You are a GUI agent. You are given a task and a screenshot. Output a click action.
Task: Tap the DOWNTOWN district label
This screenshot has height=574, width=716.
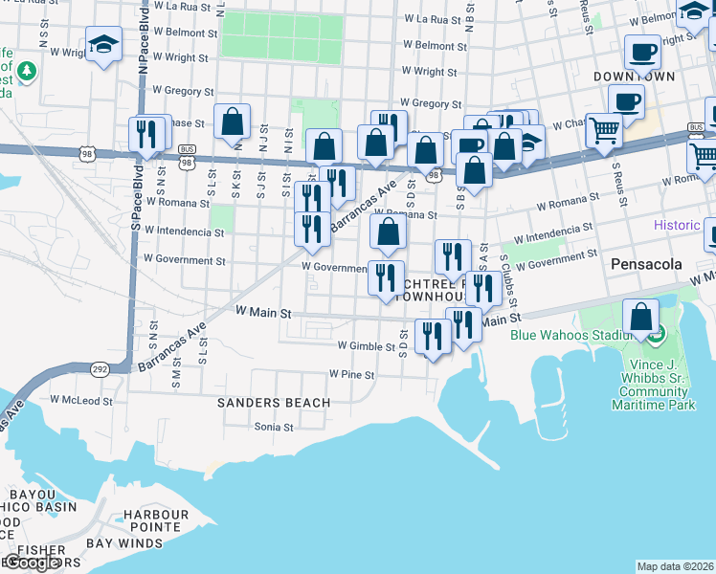(634, 76)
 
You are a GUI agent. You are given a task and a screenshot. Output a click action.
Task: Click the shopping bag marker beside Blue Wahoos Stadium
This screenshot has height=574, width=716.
(640, 318)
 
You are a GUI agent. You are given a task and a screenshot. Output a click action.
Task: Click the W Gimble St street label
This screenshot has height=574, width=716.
(366, 346)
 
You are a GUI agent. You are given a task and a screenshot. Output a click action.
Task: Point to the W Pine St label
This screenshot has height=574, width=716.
(351, 374)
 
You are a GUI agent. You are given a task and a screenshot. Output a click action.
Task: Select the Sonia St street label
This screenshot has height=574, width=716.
(274, 427)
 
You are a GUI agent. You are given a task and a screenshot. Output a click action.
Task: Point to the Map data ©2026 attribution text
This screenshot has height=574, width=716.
(674, 566)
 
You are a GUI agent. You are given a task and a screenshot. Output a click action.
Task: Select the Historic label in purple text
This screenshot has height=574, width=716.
(678, 226)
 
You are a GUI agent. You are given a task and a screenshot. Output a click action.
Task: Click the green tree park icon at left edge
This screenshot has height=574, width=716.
(26, 71)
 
